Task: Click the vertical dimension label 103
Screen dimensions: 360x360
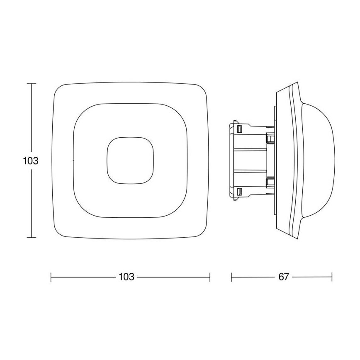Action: pos(31,161)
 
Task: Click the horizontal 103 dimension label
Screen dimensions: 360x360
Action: pos(126,277)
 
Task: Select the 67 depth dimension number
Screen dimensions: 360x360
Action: pos(283,277)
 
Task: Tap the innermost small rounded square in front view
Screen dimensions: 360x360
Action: pos(131,160)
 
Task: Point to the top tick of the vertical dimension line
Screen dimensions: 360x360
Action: pos(32,84)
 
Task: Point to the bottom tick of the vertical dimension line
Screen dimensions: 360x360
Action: pos(32,237)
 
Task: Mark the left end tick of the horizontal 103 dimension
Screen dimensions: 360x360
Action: pos(51,277)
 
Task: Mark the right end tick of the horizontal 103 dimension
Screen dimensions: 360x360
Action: pos(210,277)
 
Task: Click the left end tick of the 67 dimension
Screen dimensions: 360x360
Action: pos(231,277)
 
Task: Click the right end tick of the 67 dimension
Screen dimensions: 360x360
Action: pos(332,277)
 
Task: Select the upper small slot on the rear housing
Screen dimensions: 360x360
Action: pos(239,129)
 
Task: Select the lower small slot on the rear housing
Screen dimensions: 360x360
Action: pos(239,192)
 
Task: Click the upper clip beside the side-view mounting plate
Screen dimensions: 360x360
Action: pos(270,138)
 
